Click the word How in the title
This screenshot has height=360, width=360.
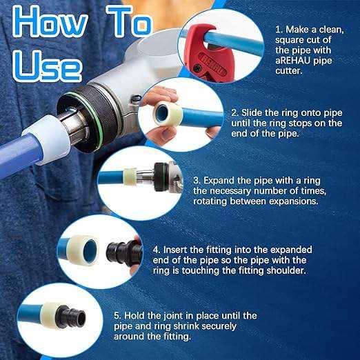(x=50, y=23)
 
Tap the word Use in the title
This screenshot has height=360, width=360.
(x=48, y=66)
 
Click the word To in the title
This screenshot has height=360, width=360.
(x=130, y=22)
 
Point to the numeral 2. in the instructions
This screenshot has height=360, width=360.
(x=235, y=113)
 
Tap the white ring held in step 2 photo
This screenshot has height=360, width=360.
(x=168, y=113)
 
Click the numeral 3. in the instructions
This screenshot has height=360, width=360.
(x=197, y=181)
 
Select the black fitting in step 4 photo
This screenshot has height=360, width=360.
(x=124, y=251)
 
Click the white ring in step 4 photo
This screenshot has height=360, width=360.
(x=83, y=250)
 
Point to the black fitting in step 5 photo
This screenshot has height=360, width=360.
(x=71, y=317)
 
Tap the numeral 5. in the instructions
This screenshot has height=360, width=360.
(x=117, y=316)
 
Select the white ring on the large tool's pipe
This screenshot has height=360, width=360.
(x=47, y=139)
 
